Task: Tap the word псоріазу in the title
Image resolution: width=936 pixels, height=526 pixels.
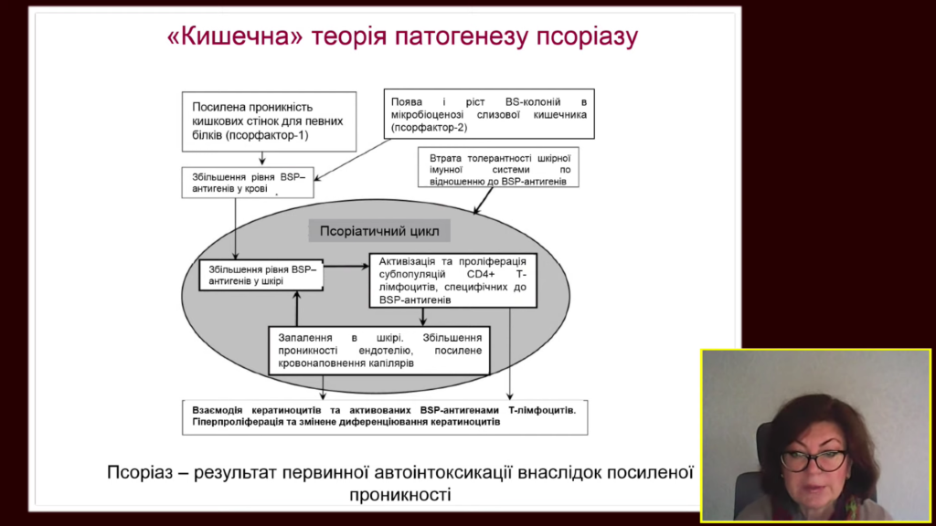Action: (x=587, y=37)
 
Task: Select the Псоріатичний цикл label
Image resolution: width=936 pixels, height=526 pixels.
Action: (x=379, y=231)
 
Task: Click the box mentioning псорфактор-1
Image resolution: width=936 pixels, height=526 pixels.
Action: (x=270, y=121)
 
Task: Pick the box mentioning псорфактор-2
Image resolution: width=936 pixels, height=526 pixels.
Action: (x=489, y=114)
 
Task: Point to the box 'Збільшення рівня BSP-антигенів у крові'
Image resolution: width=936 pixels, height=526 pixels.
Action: (x=248, y=183)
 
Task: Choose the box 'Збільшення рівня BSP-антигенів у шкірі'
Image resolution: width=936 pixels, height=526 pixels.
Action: (x=261, y=275)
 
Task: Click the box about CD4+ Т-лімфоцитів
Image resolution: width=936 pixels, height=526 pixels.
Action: (x=453, y=280)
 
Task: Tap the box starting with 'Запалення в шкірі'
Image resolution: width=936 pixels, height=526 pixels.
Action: (x=379, y=351)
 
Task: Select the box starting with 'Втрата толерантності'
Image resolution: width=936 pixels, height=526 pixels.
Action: (x=498, y=168)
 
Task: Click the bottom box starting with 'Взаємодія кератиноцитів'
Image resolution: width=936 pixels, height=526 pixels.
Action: (x=385, y=416)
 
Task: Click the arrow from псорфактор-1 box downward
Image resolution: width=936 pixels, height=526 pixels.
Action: (x=262, y=159)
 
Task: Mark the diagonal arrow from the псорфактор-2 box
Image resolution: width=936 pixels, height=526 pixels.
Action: (x=353, y=159)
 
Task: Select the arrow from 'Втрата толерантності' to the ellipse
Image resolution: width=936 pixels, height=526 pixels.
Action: (x=484, y=200)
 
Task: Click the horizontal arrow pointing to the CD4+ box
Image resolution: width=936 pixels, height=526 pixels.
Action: (x=346, y=266)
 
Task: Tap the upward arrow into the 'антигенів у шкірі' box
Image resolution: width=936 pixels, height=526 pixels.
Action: (x=297, y=309)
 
